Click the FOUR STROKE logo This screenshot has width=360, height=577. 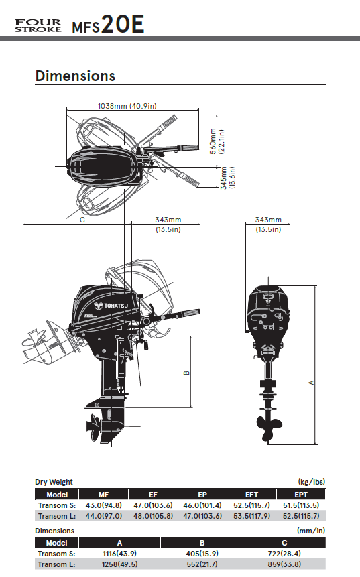[x=38, y=25]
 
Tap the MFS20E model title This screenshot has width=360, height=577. [x=108, y=25]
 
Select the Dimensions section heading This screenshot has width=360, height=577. [x=76, y=76]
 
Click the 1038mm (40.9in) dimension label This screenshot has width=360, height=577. [x=127, y=106]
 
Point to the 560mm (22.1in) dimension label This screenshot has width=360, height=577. [x=217, y=141]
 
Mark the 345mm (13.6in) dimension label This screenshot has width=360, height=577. [x=227, y=178]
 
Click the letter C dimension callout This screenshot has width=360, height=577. [x=82, y=220]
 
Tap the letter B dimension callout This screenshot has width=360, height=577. [x=186, y=373]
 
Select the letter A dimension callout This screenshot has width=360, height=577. [x=312, y=383]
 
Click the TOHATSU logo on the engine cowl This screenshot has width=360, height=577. [x=111, y=306]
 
